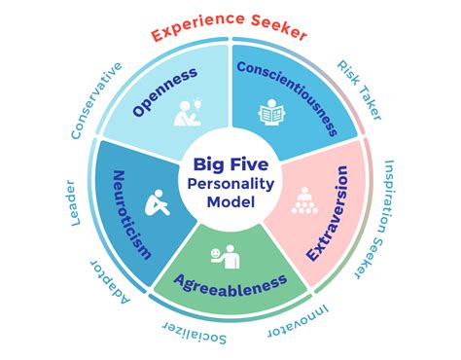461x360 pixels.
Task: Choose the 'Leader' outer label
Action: coord(76,202)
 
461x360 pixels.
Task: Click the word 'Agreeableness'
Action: coord(230,283)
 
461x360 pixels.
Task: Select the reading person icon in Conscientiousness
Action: coord(272,116)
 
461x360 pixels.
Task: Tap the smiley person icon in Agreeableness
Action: coord(224,257)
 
